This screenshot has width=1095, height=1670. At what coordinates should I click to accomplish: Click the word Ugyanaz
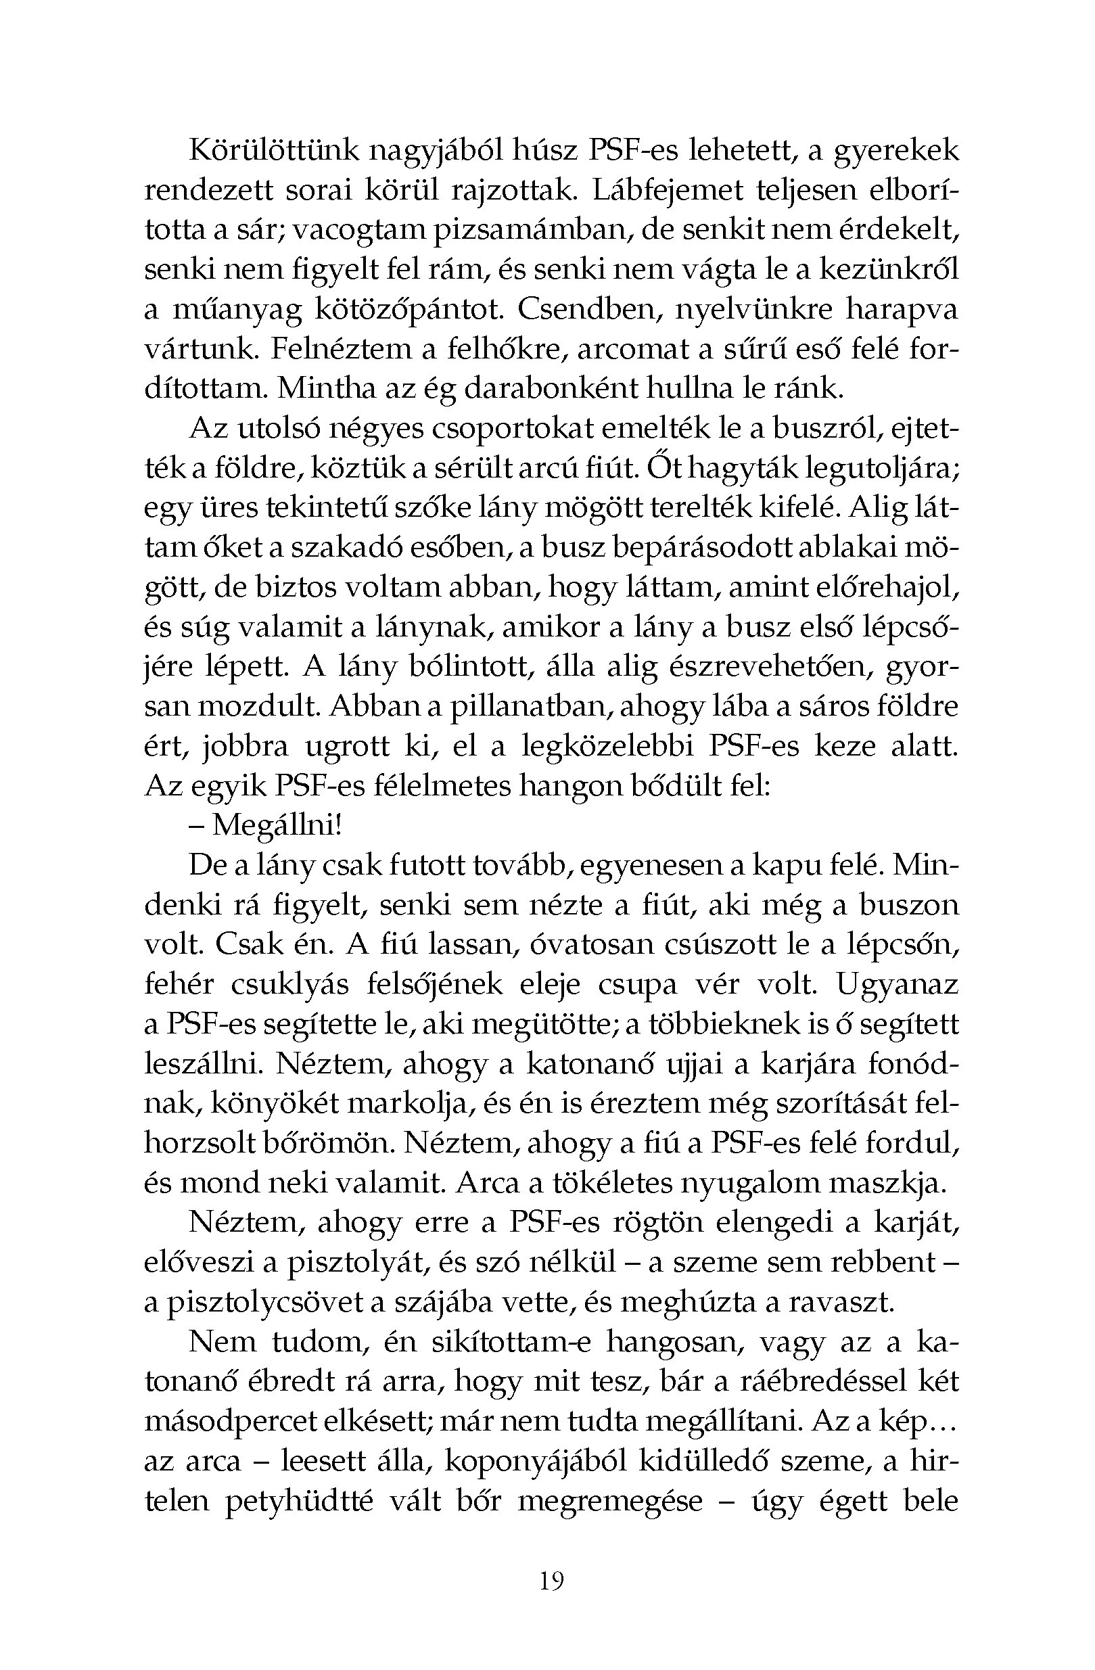tap(898, 984)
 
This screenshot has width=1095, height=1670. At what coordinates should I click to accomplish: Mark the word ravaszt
tap(841, 1302)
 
